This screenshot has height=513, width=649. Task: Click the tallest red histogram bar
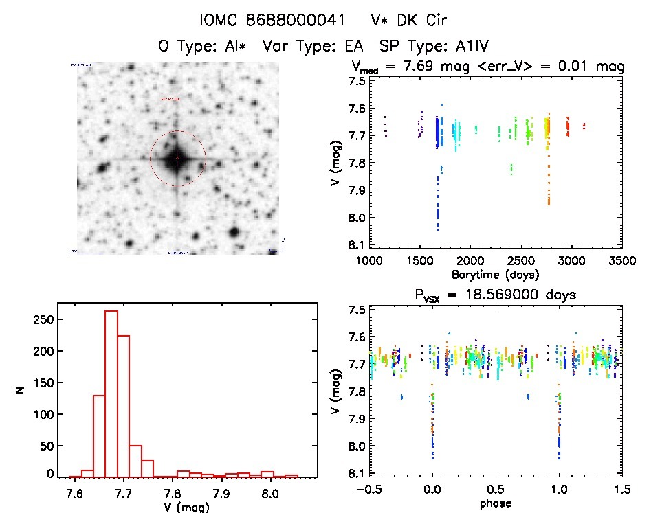point(111,394)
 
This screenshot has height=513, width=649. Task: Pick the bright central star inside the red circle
point(177,159)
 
